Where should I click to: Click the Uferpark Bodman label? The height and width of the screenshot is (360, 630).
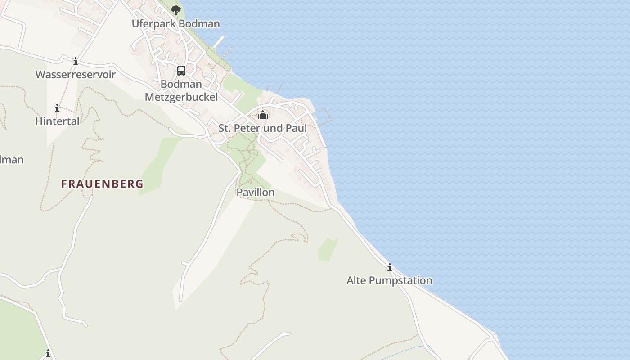[175, 23]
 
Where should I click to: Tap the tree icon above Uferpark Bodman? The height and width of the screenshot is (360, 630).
[175, 10]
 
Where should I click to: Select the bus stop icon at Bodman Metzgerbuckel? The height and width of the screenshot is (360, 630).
[181, 71]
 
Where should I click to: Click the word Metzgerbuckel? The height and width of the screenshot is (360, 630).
[181, 97]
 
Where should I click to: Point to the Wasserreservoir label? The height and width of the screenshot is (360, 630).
[76, 75]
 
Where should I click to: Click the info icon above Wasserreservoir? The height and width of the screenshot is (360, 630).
[76, 61]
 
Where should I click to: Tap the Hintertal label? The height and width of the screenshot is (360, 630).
[57, 121]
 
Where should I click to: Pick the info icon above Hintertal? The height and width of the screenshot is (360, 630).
[57, 108]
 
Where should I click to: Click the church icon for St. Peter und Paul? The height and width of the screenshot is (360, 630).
[263, 115]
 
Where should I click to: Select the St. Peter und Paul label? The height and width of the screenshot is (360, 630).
[263, 128]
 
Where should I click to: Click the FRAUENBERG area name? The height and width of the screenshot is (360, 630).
[102, 184]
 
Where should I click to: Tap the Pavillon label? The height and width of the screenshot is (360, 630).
[256, 193]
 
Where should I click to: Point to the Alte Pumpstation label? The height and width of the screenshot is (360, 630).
[389, 281]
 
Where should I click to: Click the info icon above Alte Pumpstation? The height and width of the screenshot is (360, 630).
[390, 268]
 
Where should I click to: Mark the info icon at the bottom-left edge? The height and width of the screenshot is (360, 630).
[48, 354]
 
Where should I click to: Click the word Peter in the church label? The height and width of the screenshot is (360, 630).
[248, 128]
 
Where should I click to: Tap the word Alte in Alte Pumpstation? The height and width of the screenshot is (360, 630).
[356, 281]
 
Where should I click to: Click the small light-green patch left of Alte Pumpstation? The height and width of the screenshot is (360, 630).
[328, 250]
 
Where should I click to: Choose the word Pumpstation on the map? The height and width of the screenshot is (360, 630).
[400, 281]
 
